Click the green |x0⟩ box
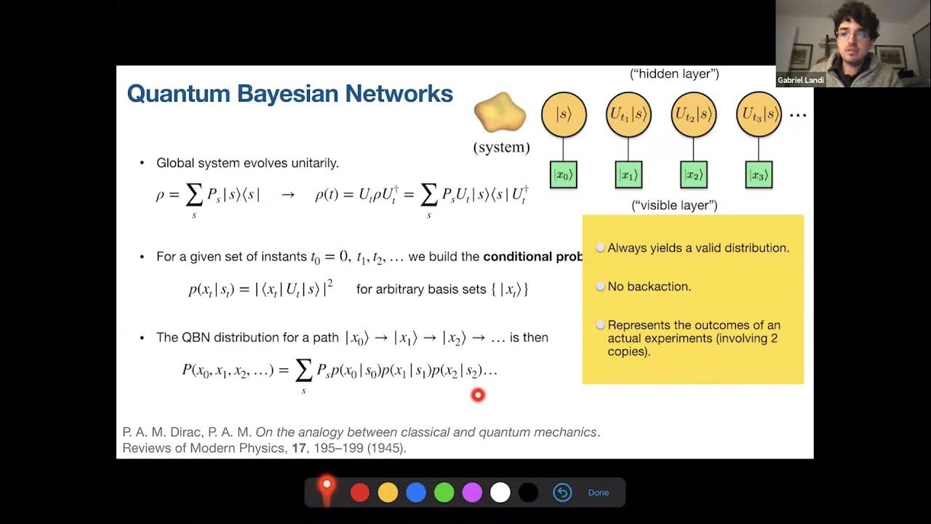(563, 175)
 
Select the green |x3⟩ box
(759, 175)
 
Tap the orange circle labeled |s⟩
(563, 114)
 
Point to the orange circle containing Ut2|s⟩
(693, 114)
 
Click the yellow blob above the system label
(500, 113)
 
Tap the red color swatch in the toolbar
(360, 493)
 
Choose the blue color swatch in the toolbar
(416, 493)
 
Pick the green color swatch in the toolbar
(444, 493)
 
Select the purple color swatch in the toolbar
(472, 493)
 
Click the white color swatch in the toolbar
(500, 493)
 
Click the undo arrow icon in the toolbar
(562, 493)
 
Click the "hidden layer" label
(674, 74)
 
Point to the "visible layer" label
(674, 205)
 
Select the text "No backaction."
(649, 287)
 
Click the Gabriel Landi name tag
(800, 80)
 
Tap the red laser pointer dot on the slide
(478, 395)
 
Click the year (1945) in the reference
(385, 448)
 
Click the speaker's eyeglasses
(851, 34)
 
